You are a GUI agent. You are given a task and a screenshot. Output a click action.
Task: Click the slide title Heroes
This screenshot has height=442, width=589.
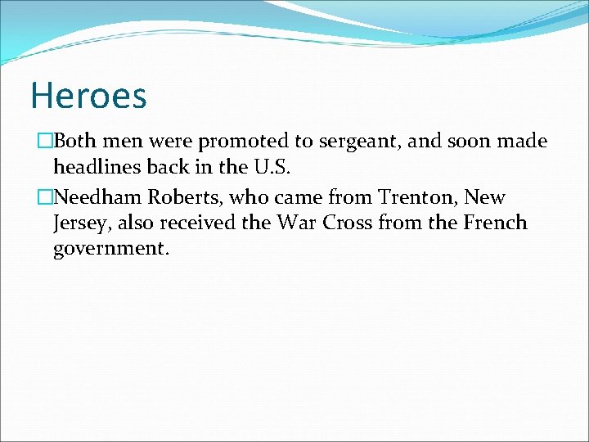88,95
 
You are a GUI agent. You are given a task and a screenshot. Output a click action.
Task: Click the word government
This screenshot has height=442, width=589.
110,249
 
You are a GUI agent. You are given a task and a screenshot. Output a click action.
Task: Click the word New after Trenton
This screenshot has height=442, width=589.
485,197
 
